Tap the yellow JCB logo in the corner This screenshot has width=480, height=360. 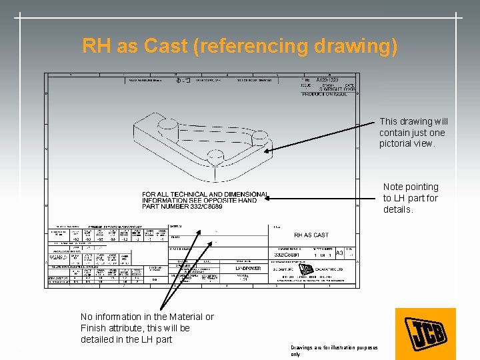point(425,333)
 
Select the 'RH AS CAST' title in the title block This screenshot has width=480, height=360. point(311,235)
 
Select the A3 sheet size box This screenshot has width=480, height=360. point(339,254)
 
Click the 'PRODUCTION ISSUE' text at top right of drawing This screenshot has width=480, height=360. point(327,94)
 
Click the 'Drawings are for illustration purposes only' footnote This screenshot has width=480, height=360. point(334,351)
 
